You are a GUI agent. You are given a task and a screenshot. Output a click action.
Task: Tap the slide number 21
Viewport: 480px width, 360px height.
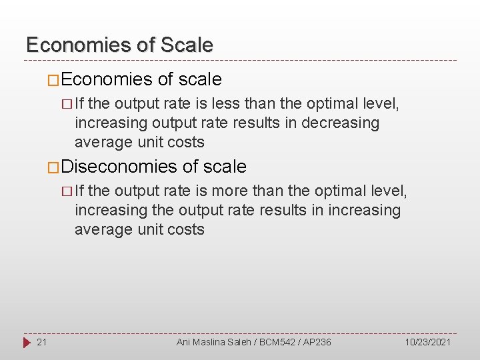[41, 342]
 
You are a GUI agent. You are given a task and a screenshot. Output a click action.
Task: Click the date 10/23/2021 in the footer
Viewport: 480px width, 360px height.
[427, 342]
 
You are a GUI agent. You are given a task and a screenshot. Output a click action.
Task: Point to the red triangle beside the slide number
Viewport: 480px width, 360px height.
[26, 342]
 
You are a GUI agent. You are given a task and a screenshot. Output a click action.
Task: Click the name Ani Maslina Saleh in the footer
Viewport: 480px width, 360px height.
[211, 342]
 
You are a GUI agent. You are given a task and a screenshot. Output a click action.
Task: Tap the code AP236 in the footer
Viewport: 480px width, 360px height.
[316, 342]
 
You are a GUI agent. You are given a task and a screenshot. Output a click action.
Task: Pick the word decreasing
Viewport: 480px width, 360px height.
[340, 123]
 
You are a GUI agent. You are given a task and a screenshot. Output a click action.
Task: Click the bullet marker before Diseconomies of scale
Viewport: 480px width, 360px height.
[53, 167]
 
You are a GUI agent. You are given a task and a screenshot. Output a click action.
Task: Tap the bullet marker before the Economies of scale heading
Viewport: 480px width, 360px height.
[53, 80]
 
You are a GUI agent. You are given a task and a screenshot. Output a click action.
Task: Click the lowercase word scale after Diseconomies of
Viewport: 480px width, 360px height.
[225, 167]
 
